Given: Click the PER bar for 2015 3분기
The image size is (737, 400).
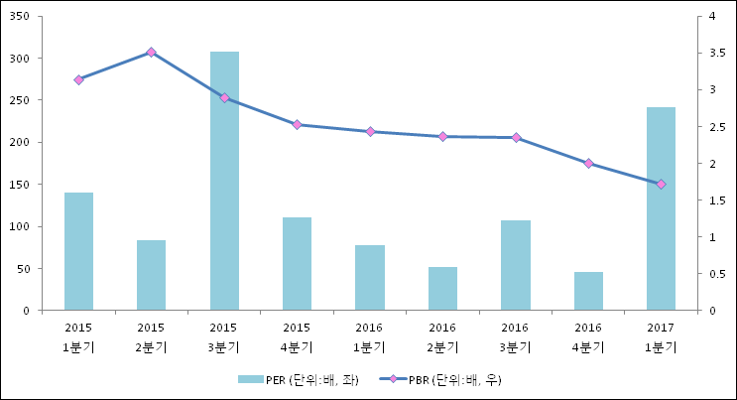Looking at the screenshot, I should pyautogui.click(x=224, y=181).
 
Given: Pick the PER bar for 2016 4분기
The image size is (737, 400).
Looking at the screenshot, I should pyautogui.click(x=588, y=291).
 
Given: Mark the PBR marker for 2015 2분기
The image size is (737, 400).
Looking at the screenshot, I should pyautogui.click(x=151, y=52).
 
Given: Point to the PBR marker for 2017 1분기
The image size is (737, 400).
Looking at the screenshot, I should pyautogui.click(x=661, y=184).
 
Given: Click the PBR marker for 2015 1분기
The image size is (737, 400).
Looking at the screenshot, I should pyautogui.click(x=78, y=79).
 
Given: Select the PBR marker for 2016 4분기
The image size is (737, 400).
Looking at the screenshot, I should pyautogui.click(x=588, y=163).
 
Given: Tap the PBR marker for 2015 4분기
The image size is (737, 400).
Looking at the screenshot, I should pyautogui.click(x=297, y=124).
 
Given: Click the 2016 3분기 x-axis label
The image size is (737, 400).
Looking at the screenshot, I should pyautogui.click(x=515, y=336).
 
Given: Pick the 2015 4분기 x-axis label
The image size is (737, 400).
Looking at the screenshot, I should pyautogui.click(x=297, y=336).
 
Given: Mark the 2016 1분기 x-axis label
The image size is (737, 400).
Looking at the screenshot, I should pyautogui.click(x=369, y=336).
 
